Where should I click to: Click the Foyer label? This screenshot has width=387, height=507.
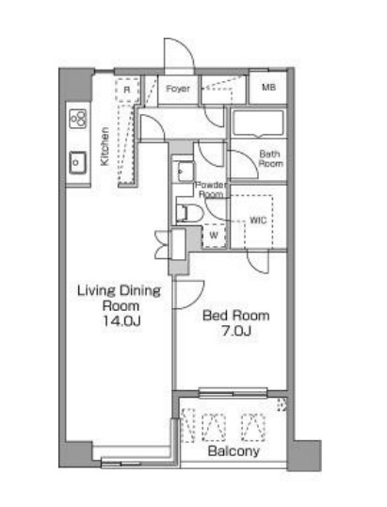pyautogui.click(x=178, y=89)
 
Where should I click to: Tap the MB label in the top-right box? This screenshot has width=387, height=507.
pyautogui.click(x=268, y=88)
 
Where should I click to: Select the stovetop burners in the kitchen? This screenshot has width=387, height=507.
pyautogui.click(x=78, y=119)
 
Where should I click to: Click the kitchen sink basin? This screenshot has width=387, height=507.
pyautogui.click(x=77, y=163)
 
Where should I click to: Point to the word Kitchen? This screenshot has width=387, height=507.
pyautogui.click(x=105, y=146)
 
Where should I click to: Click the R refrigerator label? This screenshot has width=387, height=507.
pyautogui.click(x=127, y=90)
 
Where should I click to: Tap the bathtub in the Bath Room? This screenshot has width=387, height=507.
pyautogui.click(x=258, y=123)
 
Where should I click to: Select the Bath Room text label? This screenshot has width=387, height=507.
pyautogui.click(x=270, y=158)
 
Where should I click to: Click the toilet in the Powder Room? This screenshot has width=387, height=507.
pyautogui.click(x=189, y=213)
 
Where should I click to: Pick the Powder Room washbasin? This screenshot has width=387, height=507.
pyautogui.click(x=186, y=172)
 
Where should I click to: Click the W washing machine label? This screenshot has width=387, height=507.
pyautogui.click(x=214, y=235)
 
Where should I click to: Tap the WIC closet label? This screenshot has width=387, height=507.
pyautogui.click(x=258, y=221)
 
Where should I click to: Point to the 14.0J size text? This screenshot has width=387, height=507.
pyautogui.click(x=121, y=321)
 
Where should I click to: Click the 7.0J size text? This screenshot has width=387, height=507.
pyautogui.click(x=236, y=331)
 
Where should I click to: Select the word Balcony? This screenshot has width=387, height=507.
pyautogui.click(x=234, y=451)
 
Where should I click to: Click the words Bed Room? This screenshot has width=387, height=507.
pyautogui.click(x=236, y=316)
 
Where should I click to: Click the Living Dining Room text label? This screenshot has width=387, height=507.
pyautogui.click(x=120, y=298)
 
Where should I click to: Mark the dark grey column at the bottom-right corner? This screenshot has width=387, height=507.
pyautogui.click(x=304, y=455)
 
